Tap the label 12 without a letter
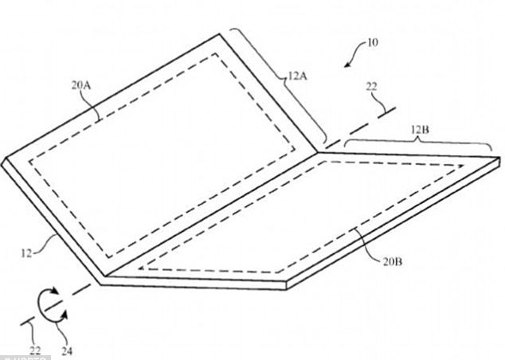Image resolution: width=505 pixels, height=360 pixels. click(x=28, y=255)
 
